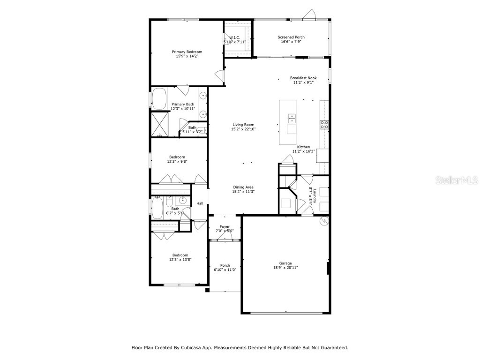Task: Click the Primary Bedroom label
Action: [187, 52]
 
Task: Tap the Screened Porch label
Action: [291, 37]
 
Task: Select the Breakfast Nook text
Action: [303, 78]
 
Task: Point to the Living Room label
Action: [244, 124]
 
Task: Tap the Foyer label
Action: [225, 226]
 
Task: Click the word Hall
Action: [200, 203]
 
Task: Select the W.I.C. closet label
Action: [234, 37]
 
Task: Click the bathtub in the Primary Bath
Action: [160, 98]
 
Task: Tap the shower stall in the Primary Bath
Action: [160, 124]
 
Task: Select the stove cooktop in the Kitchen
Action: [324, 124]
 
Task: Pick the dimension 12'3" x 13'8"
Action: [180, 259]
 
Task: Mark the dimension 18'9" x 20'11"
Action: [285, 268]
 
